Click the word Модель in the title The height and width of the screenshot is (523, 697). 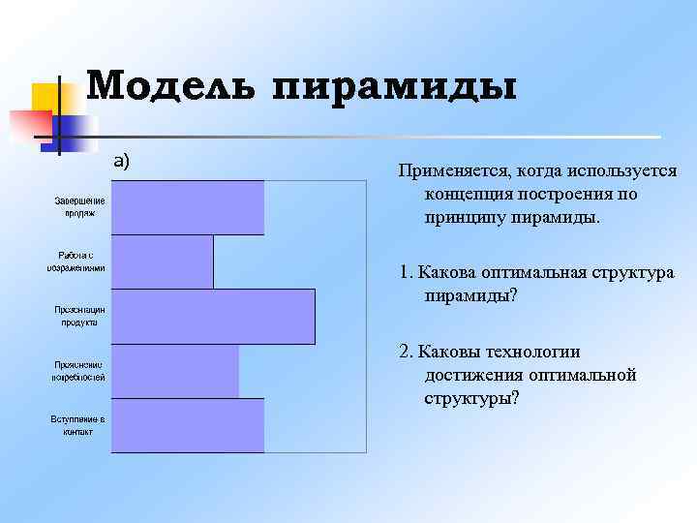[x=171, y=86]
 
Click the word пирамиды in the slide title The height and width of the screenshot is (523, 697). [x=394, y=86]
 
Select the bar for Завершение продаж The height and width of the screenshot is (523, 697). [x=188, y=207]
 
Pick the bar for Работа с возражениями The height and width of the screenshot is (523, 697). [x=163, y=261]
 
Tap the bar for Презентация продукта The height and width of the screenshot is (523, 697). [x=213, y=317]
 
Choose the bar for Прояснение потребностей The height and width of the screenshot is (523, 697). [x=175, y=371]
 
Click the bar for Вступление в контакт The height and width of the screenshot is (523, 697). [x=188, y=425]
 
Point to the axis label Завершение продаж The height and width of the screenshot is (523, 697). [x=79, y=206]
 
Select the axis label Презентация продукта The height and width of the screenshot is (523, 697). [x=79, y=316]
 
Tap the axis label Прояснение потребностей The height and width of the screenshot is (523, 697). [x=78, y=370]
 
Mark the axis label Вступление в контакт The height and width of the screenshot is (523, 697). [x=78, y=425]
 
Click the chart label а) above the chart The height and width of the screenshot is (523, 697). [x=121, y=161]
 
